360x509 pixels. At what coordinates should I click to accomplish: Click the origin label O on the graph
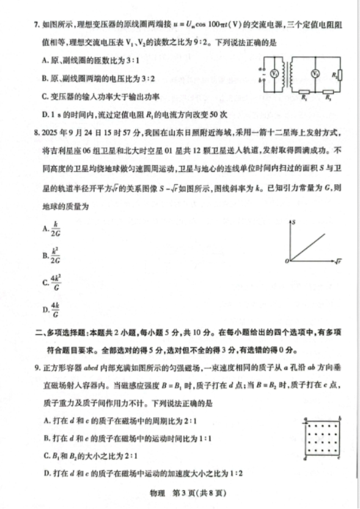(x=285, y=261)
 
